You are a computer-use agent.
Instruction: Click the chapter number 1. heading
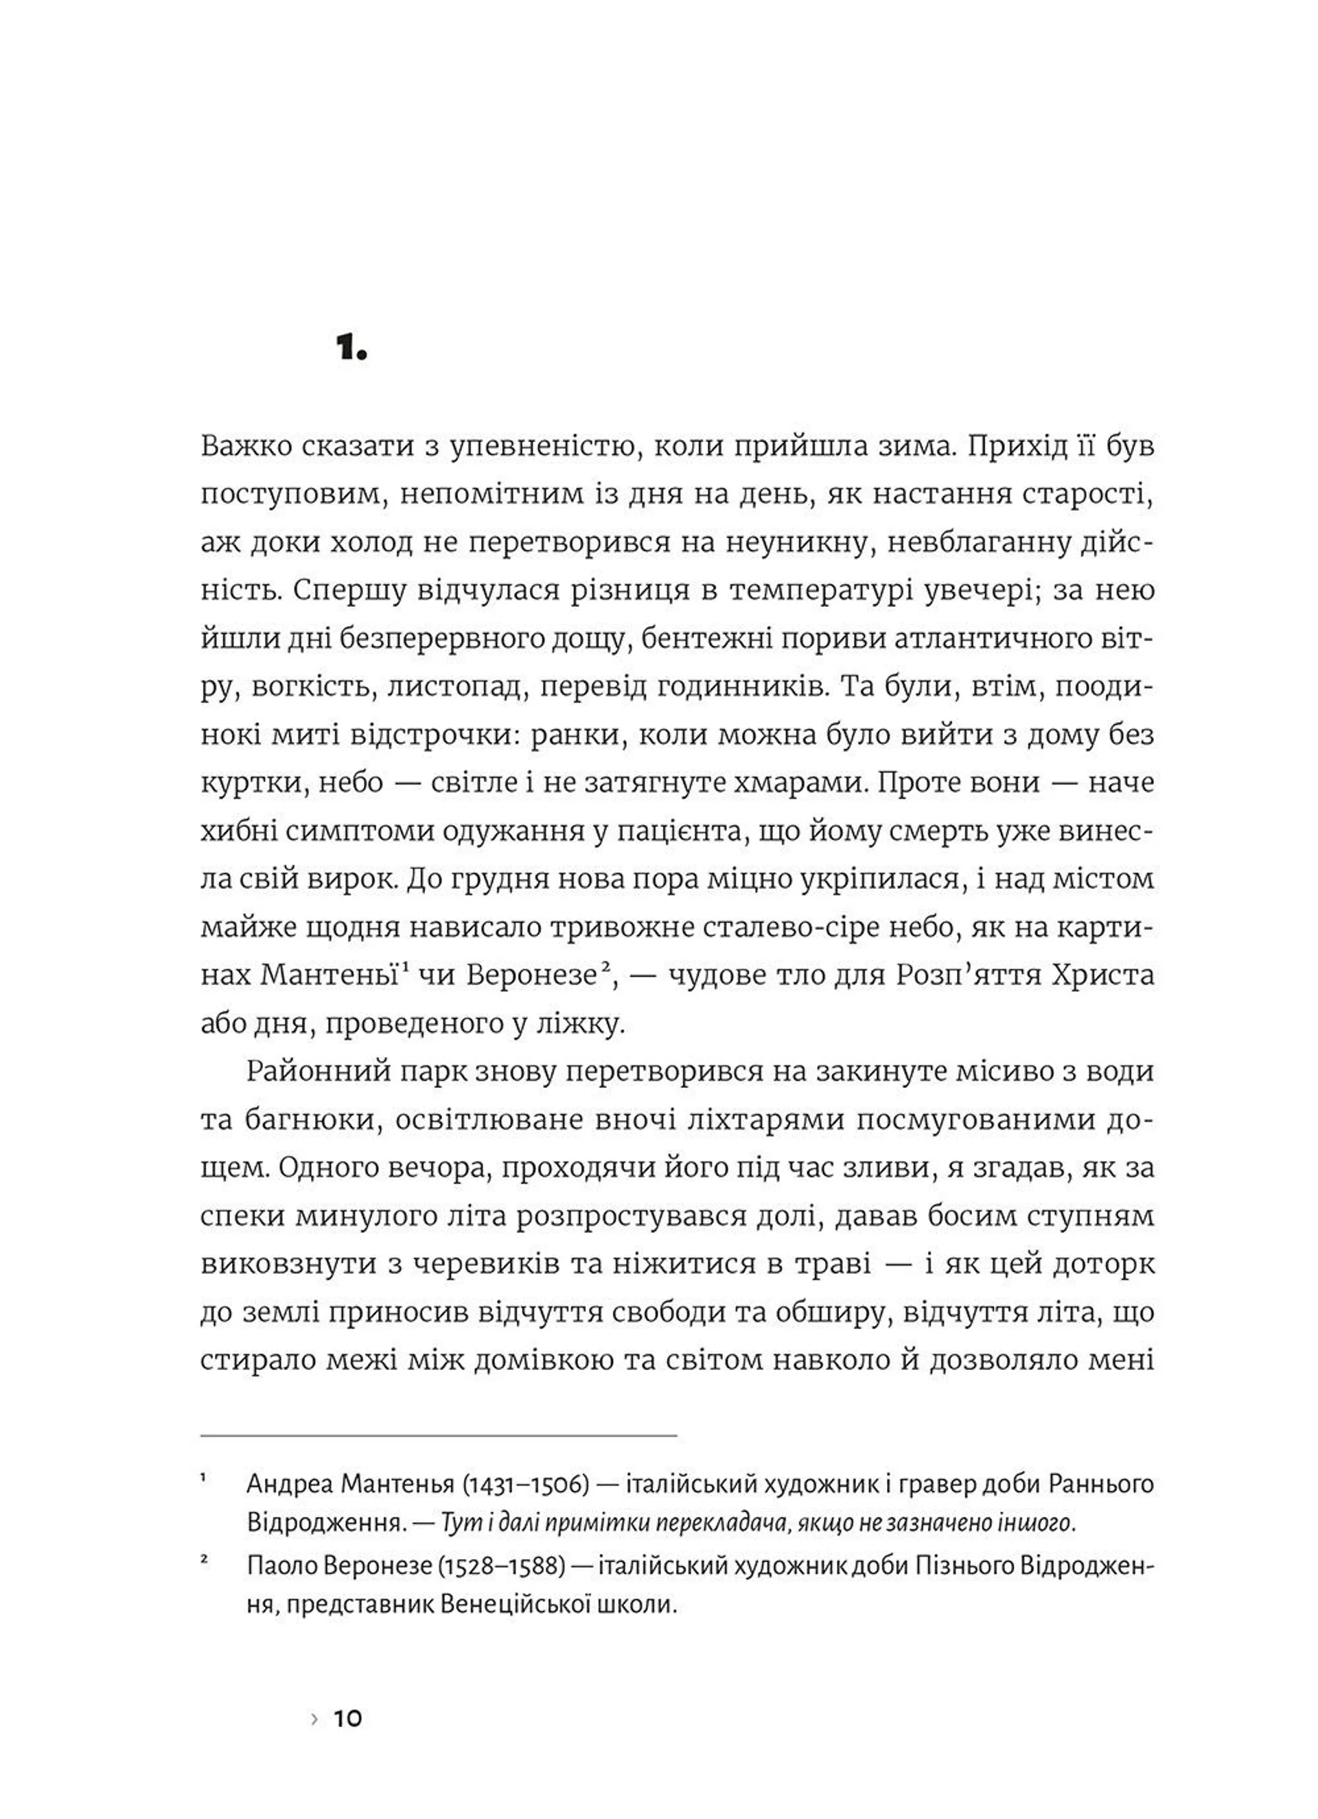(351, 348)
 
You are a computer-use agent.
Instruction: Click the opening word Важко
(244, 447)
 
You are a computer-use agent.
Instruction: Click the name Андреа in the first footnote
(290, 1485)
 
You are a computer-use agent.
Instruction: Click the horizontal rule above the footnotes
(438, 1435)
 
